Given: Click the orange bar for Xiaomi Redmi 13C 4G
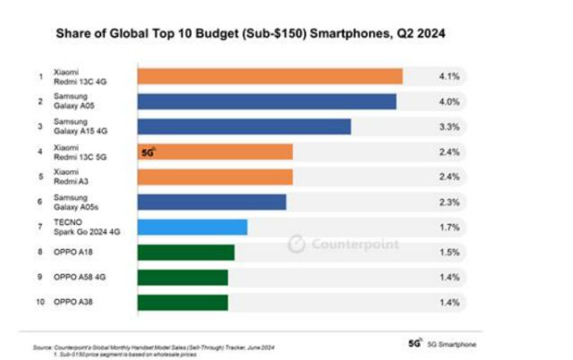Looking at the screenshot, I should pyautogui.click(x=269, y=77).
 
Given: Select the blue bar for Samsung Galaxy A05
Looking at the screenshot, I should pyautogui.click(x=266, y=102).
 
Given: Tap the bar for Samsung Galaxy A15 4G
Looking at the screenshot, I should pyautogui.click(x=243, y=127).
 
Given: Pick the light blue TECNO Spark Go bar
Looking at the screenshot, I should pyautogui.click(x=192, y=227).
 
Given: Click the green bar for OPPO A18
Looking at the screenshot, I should pyautogui.click(x=184, y=253).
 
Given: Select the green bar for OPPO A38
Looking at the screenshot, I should pyautogui.click(x=182, y=303).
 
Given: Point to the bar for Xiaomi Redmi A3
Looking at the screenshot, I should pyautogui.click(x=214, y=177).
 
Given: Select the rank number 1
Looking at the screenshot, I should pyautogui.click(x=39, y=77).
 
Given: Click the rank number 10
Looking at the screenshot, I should pyautogui.click(x=39, y=303).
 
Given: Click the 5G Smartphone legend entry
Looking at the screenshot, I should pyautogui.click(x=443, y=344).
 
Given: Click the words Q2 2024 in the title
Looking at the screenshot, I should pyautogui.click(x=417, y=33).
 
